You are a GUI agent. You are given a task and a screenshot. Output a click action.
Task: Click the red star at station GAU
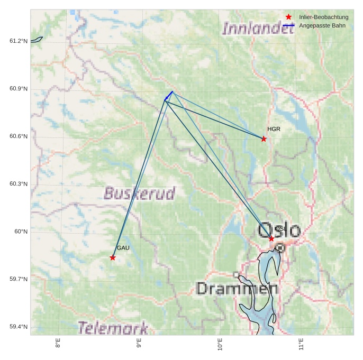coord(113,257)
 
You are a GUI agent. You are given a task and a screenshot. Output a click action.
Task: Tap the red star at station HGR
coord(264,139)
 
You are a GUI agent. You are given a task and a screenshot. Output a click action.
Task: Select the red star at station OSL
coord(271,238)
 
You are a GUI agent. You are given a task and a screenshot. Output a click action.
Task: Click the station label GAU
coord(123,248)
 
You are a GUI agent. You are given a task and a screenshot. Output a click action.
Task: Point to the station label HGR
coord(274,129)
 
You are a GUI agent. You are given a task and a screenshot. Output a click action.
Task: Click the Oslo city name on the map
coord(279,230)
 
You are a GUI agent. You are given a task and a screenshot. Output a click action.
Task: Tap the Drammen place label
coord(237,289)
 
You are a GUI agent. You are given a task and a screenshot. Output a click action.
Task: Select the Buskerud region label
coord(139,193)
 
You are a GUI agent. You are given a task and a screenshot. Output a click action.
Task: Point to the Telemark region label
coord(113,328)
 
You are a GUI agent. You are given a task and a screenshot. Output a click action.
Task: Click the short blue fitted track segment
coord(169,96)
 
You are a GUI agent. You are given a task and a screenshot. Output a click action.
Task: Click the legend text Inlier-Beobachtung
coord(323,17)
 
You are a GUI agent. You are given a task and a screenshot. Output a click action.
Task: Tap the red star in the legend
coord(288,17)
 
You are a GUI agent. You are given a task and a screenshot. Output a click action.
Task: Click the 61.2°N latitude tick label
coord(19,41)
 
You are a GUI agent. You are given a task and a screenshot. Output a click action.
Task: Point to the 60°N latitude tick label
coord(21,232)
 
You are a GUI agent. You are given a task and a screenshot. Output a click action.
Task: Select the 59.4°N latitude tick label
coord(19,327)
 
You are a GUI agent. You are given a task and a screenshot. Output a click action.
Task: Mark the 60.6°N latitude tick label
coord(19,136)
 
